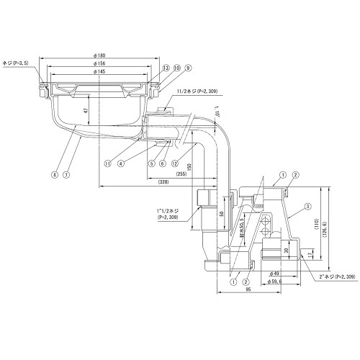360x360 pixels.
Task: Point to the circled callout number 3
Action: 307,207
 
